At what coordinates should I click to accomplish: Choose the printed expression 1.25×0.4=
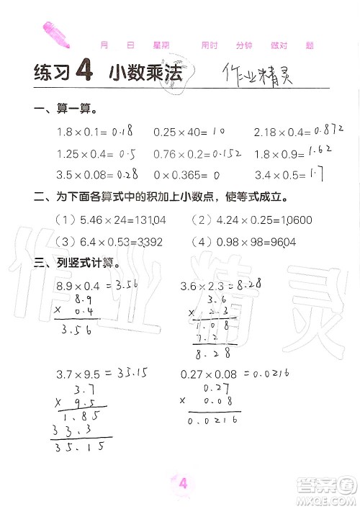[x=86, y=153]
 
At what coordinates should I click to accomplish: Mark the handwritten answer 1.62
[x=323, y=151]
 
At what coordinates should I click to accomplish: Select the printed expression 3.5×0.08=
[x=86, y=174]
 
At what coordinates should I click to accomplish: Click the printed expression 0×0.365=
[x=179, y=174]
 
